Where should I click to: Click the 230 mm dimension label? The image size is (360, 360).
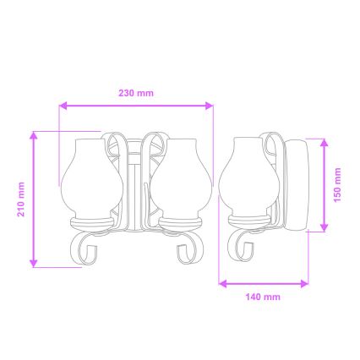(x=136, y=93)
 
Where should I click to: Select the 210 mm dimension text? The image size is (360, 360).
(x=21, y=199)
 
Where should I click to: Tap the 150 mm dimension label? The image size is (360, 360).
(x=337, y=183)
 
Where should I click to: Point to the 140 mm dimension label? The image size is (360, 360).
(x=262, y=297)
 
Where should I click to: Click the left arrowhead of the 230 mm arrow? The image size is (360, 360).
(x=63, y=106)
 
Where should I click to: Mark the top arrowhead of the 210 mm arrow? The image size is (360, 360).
(x=34, y=134)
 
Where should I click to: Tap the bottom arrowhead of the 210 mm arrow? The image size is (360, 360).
(x=34, y=264)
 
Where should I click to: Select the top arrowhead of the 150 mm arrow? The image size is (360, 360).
(x=324, y=141)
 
